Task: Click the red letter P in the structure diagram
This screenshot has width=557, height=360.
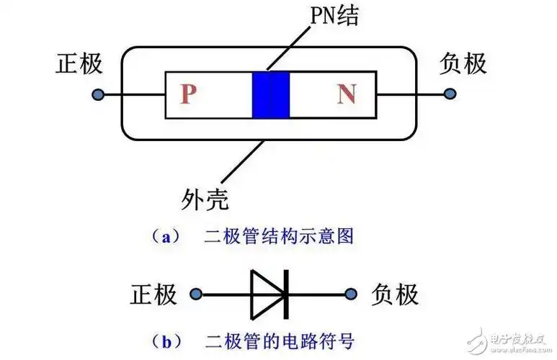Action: [x=188, y=94]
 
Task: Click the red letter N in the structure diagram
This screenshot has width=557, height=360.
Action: [x=347, y=94]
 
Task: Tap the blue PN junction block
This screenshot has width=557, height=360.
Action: [x=271, y=94]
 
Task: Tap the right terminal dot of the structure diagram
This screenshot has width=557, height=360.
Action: [x=450, y=94]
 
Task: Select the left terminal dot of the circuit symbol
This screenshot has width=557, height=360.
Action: [x=195, y=294]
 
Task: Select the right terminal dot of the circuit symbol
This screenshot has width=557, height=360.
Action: [x=351, y=294]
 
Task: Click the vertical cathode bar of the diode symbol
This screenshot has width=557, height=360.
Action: [x=286, y=294]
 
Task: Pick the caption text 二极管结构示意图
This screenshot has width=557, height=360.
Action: [x=293, y=235]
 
